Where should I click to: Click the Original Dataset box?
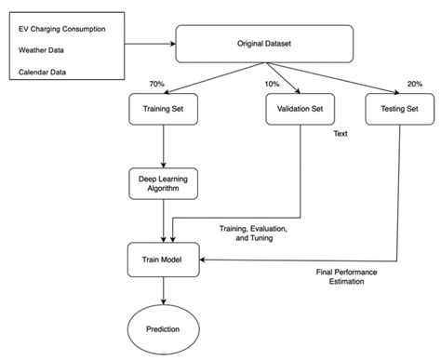tap(264, 43)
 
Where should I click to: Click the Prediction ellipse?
tap(163, 327)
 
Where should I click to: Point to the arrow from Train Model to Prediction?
tap(163, 290)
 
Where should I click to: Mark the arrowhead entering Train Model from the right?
tap(202, 260)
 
